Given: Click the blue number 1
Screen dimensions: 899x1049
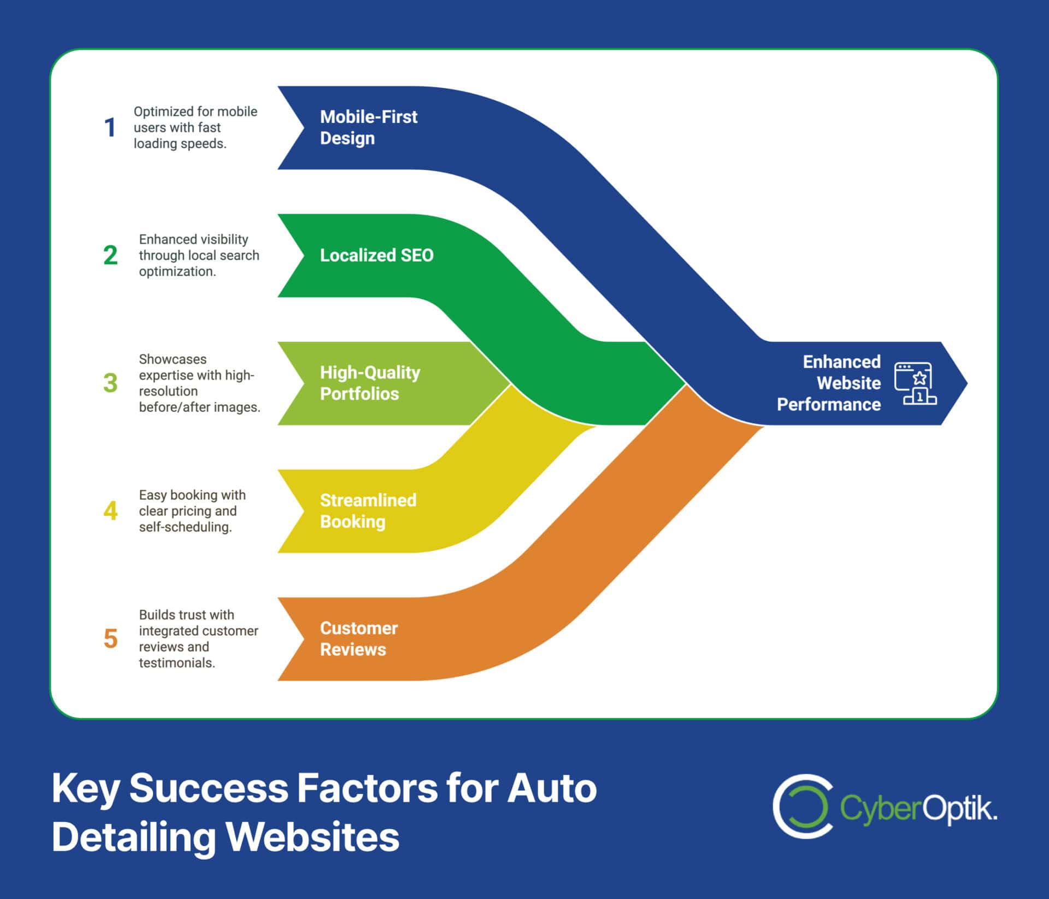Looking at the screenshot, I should point(110,128).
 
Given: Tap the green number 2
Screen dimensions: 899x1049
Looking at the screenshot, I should point(110,255).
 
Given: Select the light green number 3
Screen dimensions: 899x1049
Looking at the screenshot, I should point(110,383).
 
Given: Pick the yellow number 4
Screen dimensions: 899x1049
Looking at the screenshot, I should point(110,511).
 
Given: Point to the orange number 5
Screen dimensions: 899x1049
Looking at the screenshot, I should point(110,638).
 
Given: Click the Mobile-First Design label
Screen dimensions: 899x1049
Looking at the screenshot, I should point(368,127).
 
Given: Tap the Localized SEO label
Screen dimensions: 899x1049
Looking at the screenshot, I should point(376,255).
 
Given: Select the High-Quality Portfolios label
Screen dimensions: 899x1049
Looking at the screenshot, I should point(369,383).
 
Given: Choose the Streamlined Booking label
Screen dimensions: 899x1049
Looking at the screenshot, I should point(368,510).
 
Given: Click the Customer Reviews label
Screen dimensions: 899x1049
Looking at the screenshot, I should point(358,638).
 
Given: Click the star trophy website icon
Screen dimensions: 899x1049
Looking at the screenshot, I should point(915,383).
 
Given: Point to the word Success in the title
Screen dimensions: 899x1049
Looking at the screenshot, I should point(208,788).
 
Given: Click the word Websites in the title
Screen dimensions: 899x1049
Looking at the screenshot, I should point(313,837).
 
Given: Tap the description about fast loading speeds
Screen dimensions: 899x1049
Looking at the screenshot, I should point(195,127).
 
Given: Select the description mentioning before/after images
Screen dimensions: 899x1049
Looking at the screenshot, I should point(199,383).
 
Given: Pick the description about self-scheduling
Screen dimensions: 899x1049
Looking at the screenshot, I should point(192,510).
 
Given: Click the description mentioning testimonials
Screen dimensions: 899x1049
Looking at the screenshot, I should point(198,638).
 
